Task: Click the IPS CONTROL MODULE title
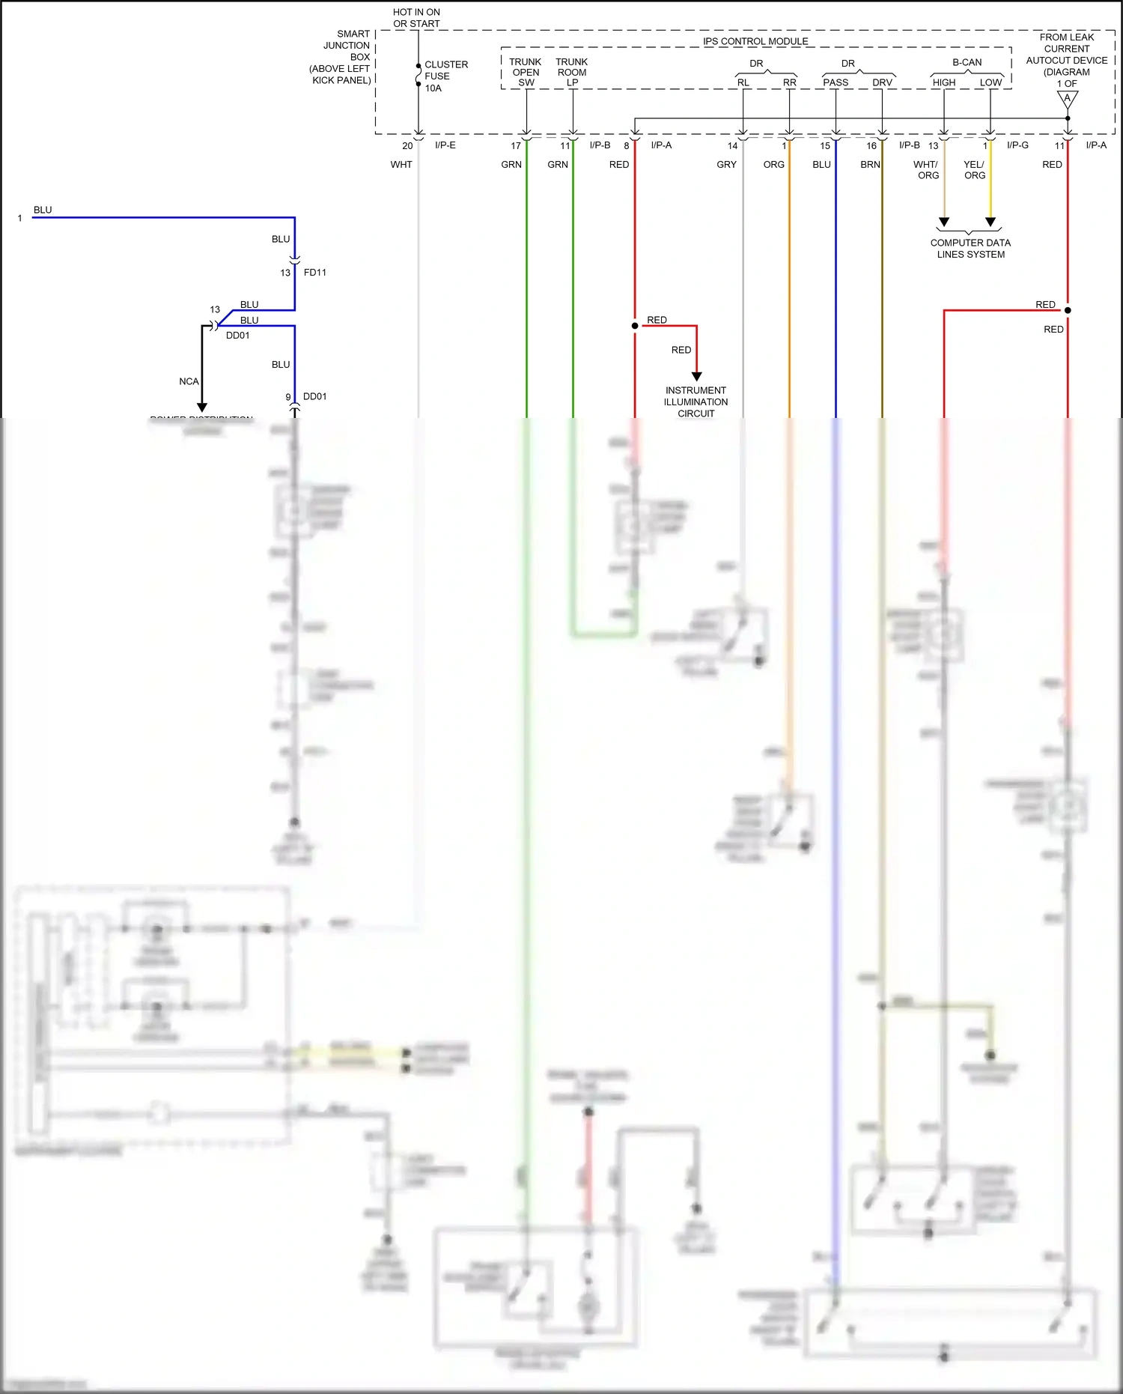(x=755, y=41)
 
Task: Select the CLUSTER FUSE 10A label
(x=445, y=76)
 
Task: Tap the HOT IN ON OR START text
(x=416, y=18)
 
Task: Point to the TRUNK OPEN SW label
(x=526, y=72)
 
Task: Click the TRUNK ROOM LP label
(x=572, y=72)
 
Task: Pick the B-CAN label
(x=967, y=62)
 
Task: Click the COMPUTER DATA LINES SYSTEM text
(x=970, y=249)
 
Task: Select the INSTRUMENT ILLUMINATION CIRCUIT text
(x=696, y=401)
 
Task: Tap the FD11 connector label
(x=314, y=273)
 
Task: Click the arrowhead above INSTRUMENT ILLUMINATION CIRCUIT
(x=696, y=376)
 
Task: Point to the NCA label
(x=189, y=381)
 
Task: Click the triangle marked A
(x=1068, y=99)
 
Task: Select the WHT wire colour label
(x=401, y=165)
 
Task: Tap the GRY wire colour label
(x=726, y=165)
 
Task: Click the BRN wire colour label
(x=870, y=165)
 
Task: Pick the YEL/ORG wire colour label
(x=974, y=170)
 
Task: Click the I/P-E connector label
(x=445, y=145)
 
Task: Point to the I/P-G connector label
(x=1017, y=145)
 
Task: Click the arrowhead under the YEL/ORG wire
(x=990, y=222)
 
